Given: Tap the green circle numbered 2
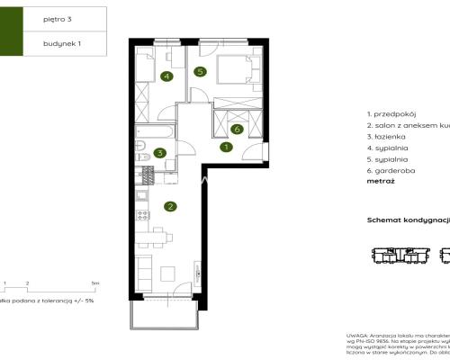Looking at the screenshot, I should (x=169, y=206).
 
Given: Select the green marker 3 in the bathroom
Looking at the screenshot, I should (x=159, y=153).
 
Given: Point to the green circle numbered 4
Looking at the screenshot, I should (x=166, y=76).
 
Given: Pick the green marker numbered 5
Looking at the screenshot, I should (x=200, y=71).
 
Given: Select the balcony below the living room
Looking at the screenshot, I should (x=170, y=313).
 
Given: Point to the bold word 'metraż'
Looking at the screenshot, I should (x=381, y=180).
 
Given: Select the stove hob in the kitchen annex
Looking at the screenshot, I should (x=140, y=214).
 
